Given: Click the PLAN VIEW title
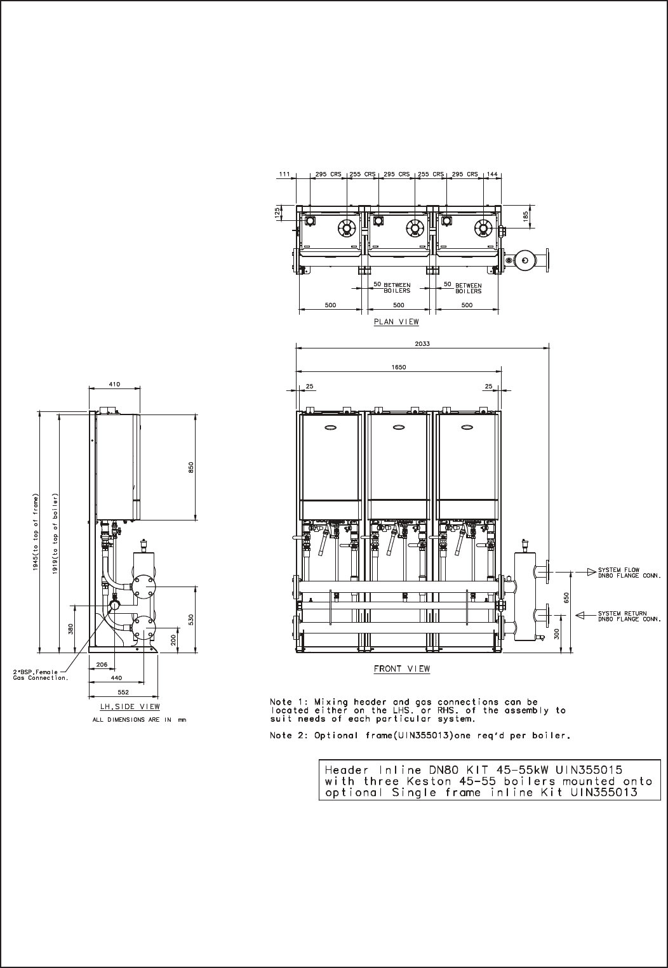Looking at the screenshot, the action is coord(396,322).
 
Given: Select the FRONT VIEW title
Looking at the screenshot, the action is coord(402,668).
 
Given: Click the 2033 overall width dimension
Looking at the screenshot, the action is coord(422,343).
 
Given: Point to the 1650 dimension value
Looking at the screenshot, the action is coord(399,367).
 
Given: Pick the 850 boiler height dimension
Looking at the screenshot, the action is coord(191,467).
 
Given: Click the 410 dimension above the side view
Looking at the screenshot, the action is coord(114,384).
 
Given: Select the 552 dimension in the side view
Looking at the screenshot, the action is coord(123,692).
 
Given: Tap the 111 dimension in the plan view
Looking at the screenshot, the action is coord(284,174).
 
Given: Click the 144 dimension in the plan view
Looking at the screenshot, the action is coord(493,174).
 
